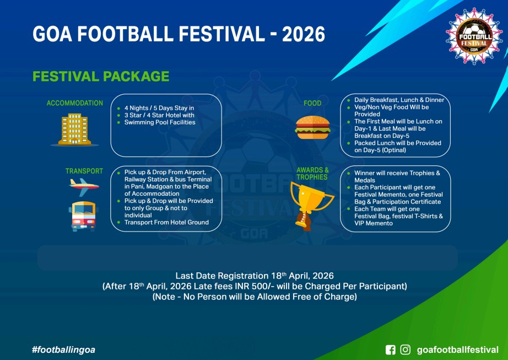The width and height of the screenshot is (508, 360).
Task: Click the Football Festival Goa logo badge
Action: (x=474, y=36)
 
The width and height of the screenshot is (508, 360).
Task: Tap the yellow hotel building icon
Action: (x=74, y=130)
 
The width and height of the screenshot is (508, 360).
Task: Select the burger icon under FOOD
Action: (x=312, y=127)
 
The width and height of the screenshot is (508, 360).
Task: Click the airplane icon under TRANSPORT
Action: (x=84, y=187)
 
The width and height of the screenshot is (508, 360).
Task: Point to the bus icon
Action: (x=84, y=216)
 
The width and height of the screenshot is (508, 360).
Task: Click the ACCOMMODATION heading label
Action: (x=74, y=103)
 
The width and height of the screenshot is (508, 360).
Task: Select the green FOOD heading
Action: (x=312, y=103)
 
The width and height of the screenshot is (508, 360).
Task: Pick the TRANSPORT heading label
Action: (x=84, y=171)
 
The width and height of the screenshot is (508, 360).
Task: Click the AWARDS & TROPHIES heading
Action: (x=312, y=173)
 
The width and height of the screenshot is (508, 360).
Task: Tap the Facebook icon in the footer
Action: (x=391, y=350)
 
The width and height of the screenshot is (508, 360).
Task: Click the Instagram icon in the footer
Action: (x=406, y=350)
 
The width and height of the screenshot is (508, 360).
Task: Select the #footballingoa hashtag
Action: (x=63, y=350)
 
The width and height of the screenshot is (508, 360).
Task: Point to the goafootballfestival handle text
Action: (x=457, y=350)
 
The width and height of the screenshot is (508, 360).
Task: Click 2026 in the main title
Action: (x=304, y=34)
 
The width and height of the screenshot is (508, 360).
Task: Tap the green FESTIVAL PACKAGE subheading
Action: (x=101, y=77)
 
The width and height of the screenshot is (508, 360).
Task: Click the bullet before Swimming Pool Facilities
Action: (x=118, y=122)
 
